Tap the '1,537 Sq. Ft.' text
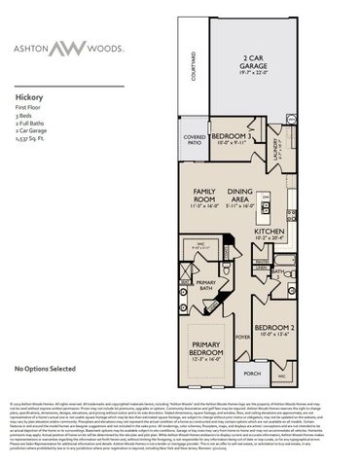pos(35,140)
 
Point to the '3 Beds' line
pos(25,117)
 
